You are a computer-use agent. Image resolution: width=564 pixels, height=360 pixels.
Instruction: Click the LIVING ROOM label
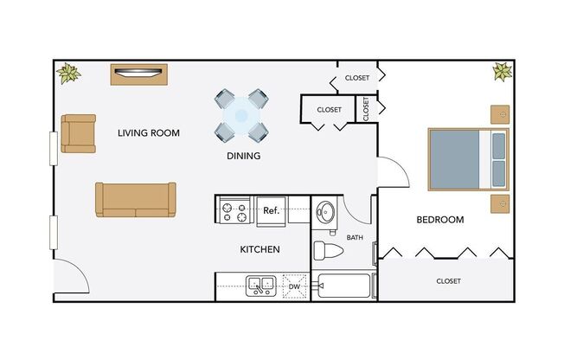point(148,133)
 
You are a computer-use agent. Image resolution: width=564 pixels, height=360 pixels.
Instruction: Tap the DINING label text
point(243,157)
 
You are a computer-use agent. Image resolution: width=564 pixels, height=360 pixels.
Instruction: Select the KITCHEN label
point(260,249)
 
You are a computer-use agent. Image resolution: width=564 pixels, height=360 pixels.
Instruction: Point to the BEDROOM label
point(439,220)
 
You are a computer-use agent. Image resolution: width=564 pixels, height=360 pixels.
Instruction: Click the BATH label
point(355,237)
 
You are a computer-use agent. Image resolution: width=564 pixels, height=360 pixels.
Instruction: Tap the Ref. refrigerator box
point(270,210)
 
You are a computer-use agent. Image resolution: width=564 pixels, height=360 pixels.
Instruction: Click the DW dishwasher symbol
point(294,286)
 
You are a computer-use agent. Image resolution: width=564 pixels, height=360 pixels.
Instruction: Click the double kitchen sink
point(260,285)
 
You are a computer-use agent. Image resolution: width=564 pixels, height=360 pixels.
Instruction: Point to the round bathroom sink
point(326,212)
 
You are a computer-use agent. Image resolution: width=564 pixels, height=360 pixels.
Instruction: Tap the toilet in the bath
point(329,251)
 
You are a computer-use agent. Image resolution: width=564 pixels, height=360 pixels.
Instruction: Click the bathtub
point(343,286)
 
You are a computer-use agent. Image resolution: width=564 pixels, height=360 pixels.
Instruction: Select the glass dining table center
point(241,115)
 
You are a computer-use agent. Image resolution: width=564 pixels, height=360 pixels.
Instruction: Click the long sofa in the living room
point(135,200)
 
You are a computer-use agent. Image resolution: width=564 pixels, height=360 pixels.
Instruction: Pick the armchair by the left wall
point(78,133)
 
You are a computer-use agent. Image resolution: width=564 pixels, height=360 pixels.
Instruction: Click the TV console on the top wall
point(138,74)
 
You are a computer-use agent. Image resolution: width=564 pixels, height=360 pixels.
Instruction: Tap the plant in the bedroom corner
point(502,71)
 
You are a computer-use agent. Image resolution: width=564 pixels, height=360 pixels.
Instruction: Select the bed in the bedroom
point(467,158)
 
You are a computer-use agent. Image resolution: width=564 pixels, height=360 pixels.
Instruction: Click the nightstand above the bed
point(499,114)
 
